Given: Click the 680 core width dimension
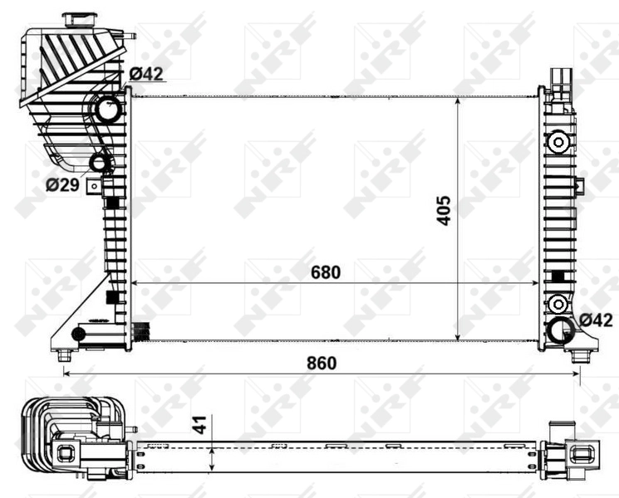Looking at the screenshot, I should [x=326, y=271].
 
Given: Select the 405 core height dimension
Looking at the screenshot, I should [x=443, y=211].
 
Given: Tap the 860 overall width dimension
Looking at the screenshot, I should [x=321, y=363].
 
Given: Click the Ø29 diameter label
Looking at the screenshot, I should [x=62, y=184].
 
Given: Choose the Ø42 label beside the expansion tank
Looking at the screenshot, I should [x=145, y=74].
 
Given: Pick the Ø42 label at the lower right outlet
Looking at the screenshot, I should [x=596, y=319].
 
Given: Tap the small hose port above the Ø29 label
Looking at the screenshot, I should [x=99, y=163].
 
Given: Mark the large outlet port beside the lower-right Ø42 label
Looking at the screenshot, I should [x=561, y=330].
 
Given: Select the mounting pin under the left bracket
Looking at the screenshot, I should [x=64, y=355].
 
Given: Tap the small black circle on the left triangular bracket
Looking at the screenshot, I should [x=79, y=334].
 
